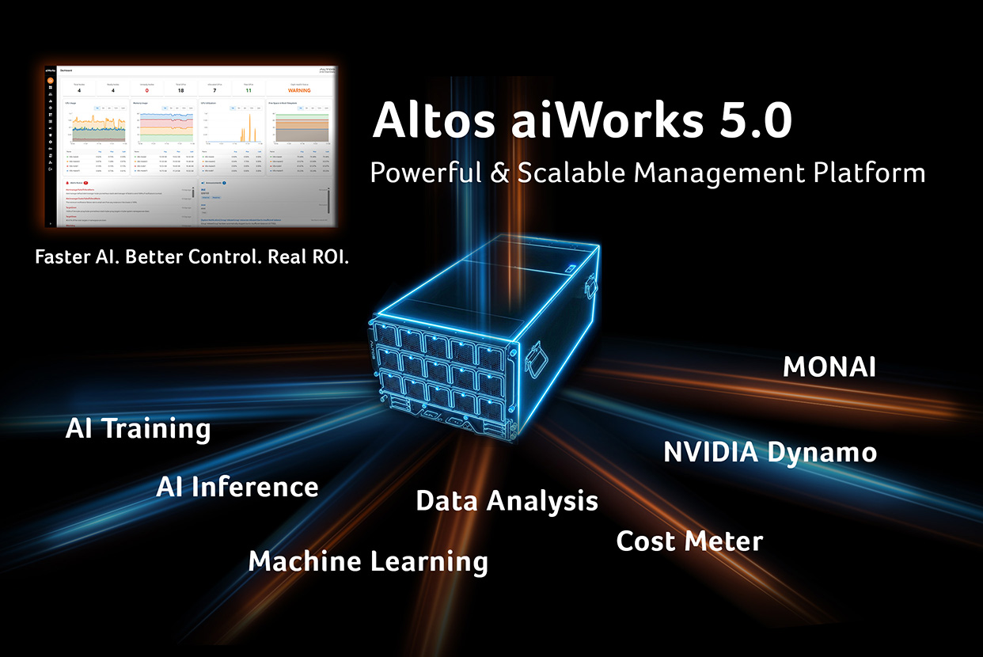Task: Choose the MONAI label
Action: click(829, 367)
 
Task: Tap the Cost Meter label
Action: click(689, 541)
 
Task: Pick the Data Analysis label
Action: click(507, 501)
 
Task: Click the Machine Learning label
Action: click(368, 561)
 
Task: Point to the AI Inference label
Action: click(237, 487)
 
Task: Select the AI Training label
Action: click(139, 428)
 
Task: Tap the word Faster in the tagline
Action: click(61, 258)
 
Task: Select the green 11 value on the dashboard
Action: click(248, 89)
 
